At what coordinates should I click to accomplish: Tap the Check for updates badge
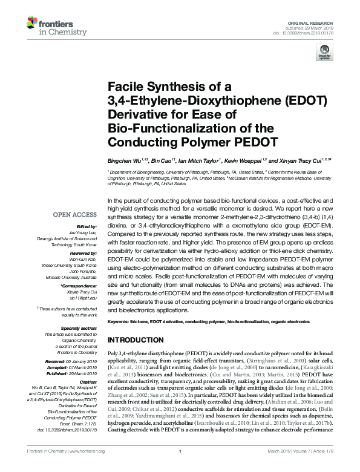tap(324, 55)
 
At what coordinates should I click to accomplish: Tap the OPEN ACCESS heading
tap(74, 214)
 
